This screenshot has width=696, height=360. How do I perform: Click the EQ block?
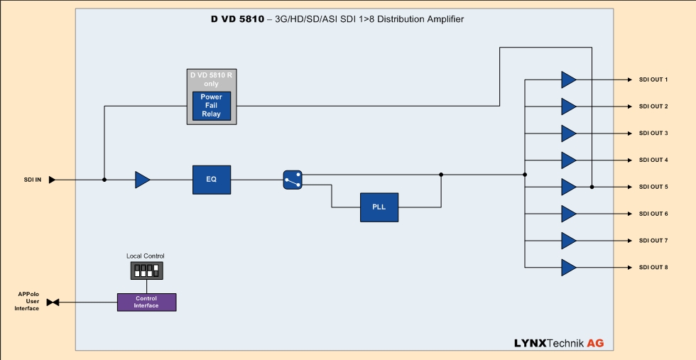(212, 180)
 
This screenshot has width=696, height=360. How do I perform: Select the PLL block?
(379, 207)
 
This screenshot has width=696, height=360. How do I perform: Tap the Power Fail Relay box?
(211, 106)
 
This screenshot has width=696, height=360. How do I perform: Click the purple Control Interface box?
(146, 302)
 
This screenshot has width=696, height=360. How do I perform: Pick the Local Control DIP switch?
(146, 270)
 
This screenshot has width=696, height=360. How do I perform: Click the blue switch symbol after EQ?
(293, 180)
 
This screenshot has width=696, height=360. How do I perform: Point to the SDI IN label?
(33, 180)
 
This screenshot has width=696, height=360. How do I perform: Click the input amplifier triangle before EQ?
(142, 180)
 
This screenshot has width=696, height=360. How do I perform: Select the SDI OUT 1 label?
(653, 80)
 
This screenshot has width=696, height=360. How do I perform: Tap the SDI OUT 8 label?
(653, 267)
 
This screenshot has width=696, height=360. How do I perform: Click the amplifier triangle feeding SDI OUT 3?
(568, 133)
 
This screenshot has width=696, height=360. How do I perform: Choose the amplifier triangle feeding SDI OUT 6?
(568, 214)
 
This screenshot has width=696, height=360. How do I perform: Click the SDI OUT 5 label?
(653, 187)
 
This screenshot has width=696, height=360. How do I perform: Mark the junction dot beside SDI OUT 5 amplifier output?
(592, 187)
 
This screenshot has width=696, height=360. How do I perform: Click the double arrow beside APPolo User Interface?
(53, 302)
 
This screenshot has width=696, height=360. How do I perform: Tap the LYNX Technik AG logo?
(559, 343)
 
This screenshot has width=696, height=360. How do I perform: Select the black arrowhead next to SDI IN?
(52, 180)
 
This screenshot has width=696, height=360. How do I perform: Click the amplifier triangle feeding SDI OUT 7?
(568, 241)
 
